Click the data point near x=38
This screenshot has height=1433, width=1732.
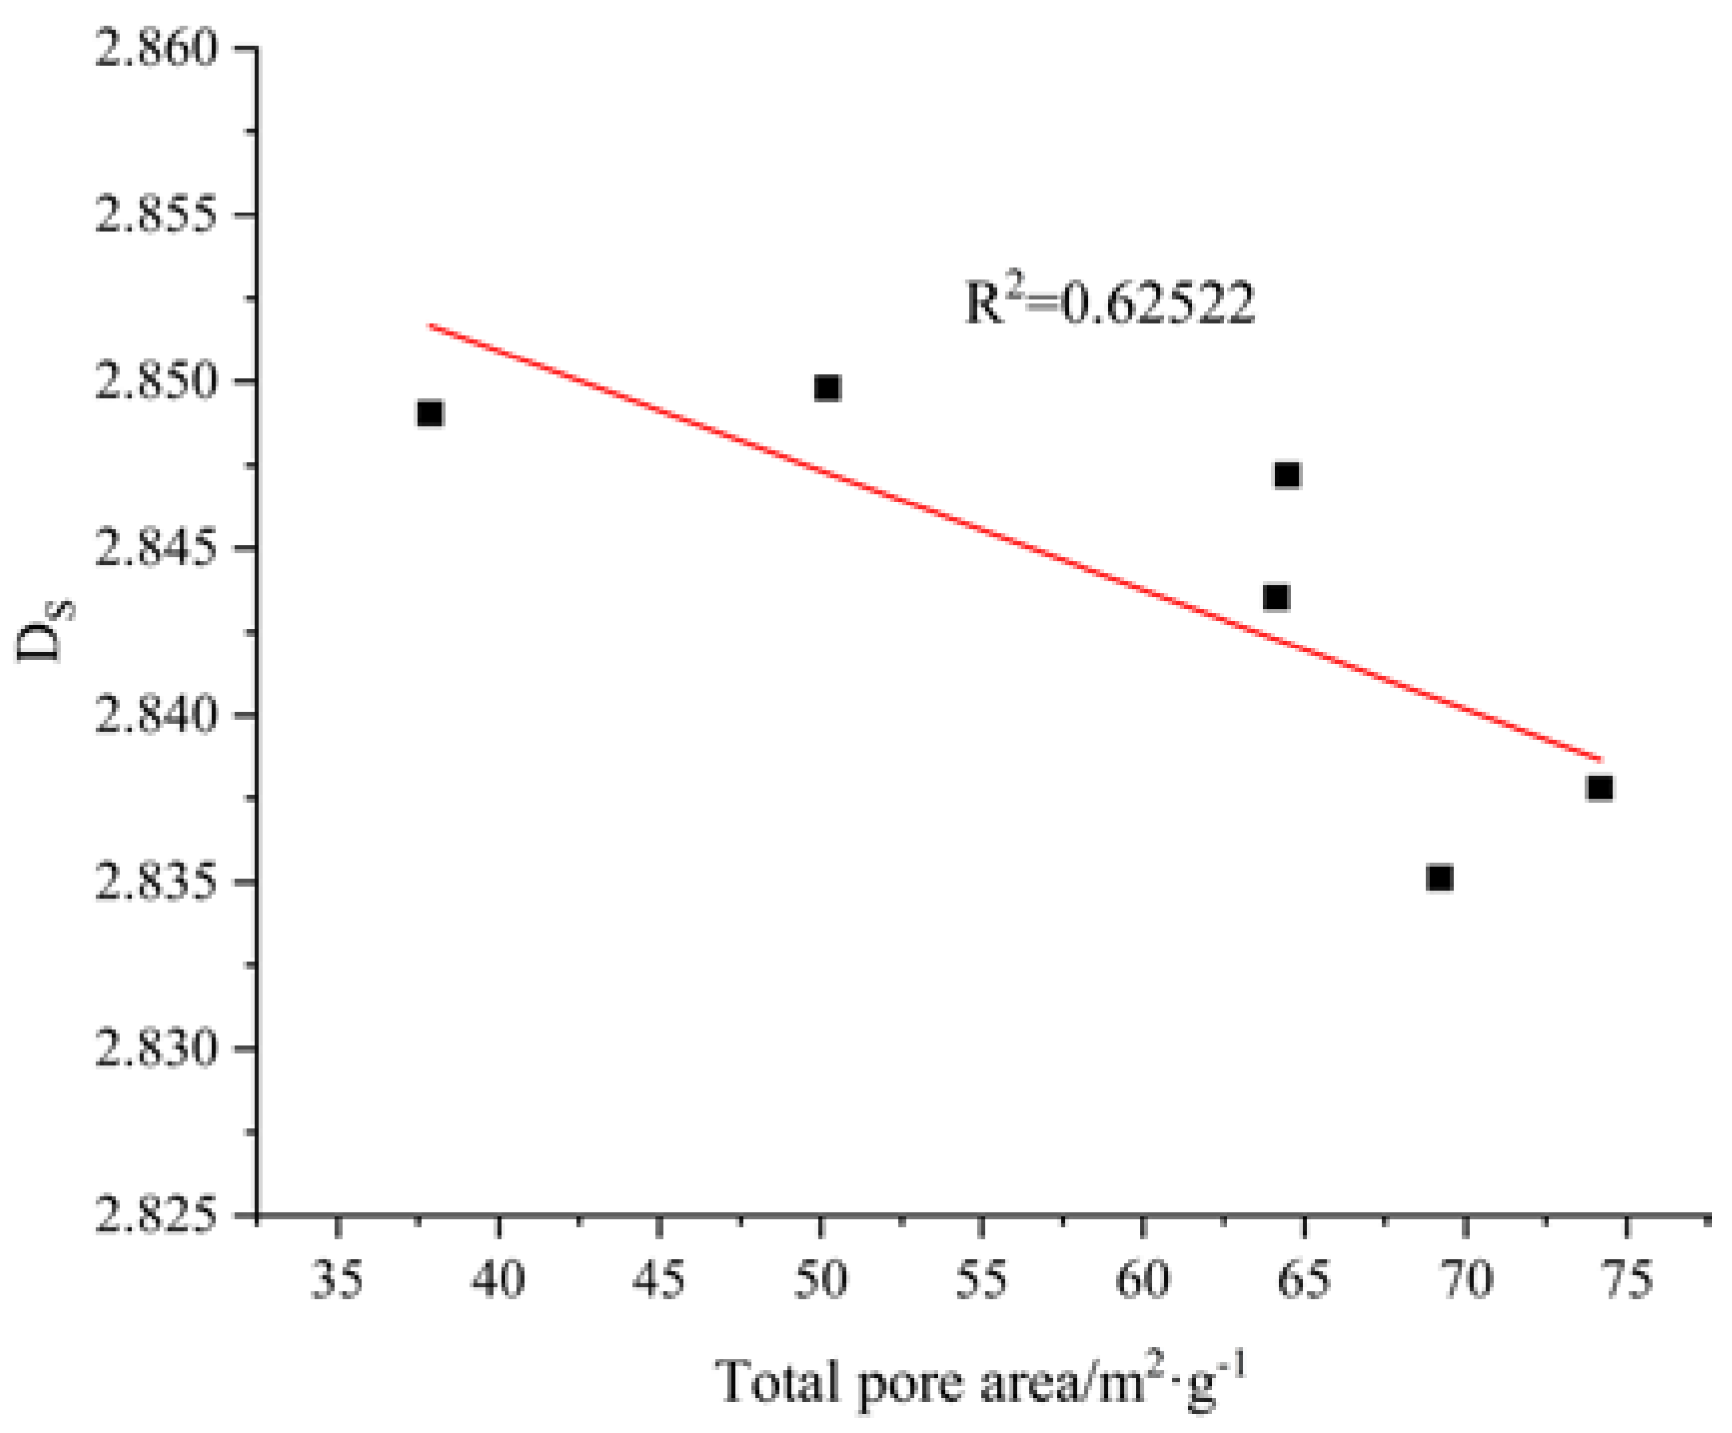[429, 413]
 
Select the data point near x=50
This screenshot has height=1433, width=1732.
[827, 388]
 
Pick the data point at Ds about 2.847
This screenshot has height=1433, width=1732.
[1286, 475]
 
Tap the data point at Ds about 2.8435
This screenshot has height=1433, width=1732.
[1276, 597]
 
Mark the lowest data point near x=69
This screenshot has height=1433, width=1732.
[1439, 877]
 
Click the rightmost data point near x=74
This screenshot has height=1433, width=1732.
[1599, 788]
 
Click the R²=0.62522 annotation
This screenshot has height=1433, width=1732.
[1110, 303]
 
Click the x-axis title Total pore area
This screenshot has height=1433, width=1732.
[979, 1381]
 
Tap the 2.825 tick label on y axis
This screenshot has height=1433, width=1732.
[156, 1215]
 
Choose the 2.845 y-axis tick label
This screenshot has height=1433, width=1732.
[156, 548]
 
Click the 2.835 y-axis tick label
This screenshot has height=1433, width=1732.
[156, 882]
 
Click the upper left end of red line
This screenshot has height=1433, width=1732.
[430, 325]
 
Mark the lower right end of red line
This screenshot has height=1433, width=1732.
[1600, 760]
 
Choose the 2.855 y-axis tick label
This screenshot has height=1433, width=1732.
[156, 215]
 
